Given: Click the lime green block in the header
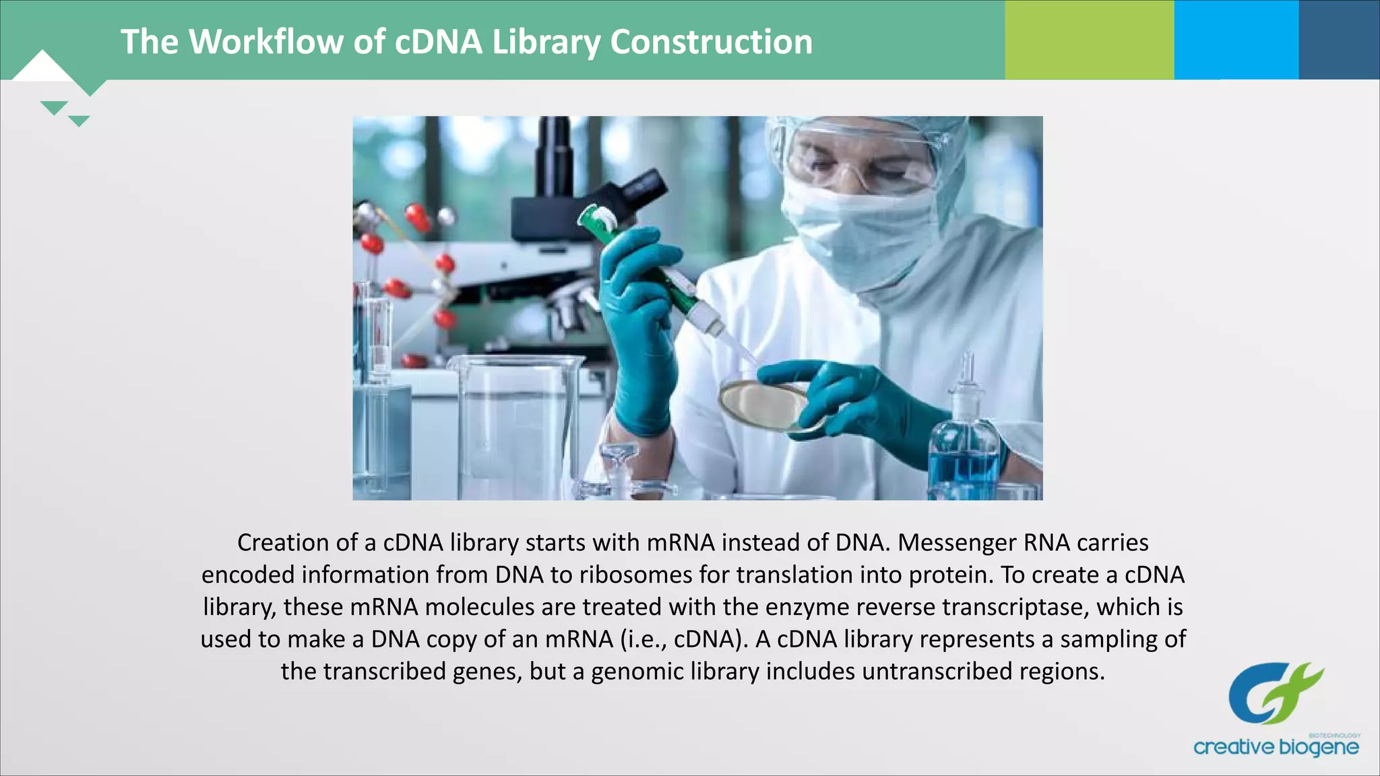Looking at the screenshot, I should (1089, 40).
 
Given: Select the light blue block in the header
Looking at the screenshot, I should (1236, 40).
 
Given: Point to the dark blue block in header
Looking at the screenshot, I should (1339, 40).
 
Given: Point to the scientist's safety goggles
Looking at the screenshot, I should (856, 158).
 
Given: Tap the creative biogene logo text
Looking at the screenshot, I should (1276, 747).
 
